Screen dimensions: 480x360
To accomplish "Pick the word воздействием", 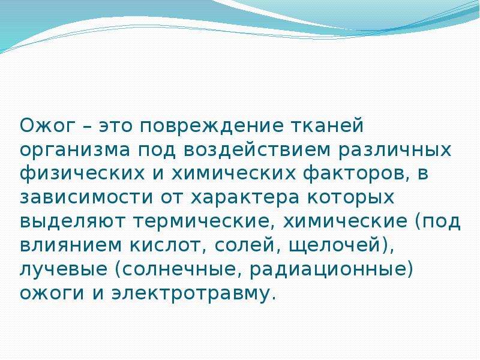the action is tap(257, 149).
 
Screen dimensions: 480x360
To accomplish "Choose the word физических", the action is tap(82, 173).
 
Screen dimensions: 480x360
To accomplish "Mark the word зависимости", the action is tap(86, 197).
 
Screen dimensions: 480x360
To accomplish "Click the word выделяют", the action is tap(73, 221).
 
